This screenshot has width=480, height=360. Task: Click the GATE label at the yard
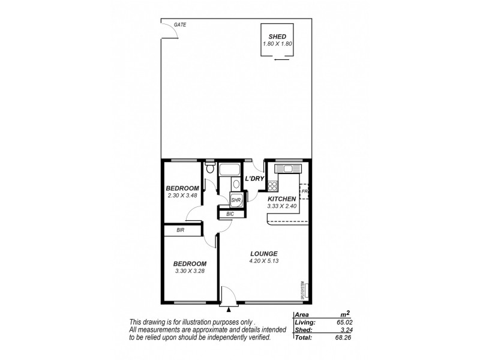pyautogui.click(x=179, y=25)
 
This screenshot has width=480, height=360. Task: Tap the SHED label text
pyautogui.click(x=277, y=37)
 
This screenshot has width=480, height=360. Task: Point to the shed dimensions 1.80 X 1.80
pyautogui.click(x=277, y=44)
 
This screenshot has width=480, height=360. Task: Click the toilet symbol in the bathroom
pyautogui.click(x=209, y=170)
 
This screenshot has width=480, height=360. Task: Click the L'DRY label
pyautogui.click(x=254, y=179)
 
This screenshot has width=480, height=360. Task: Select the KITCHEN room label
pyautogui.click(x=281, y=199)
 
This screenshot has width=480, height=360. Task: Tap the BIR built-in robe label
pyautogui.click(x=179, y=230)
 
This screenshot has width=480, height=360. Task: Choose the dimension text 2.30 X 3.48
pyautogui.click(x=182, y=196)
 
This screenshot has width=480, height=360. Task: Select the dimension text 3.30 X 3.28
pyautogui.click(x=190, y=271)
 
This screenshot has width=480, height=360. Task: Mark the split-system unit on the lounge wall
pyautogui.click(x=302, y=288)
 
